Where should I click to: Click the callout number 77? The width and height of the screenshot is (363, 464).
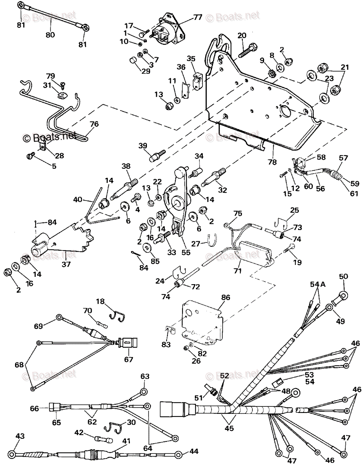tap(198, 17)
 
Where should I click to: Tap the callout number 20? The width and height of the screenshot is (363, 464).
tap(242, 36)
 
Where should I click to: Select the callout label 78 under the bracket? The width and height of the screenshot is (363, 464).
tap(272, 162)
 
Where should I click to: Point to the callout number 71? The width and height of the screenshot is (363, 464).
tap(237, 271)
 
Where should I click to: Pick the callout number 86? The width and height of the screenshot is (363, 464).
tap(225, 297)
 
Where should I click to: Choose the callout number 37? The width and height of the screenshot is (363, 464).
tap(66, 264)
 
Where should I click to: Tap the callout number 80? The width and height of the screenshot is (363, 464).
tap(50, 34)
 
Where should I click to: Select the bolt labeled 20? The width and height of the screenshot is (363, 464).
tap(248, 50)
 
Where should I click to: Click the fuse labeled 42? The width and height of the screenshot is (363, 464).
tap(104, 440)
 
